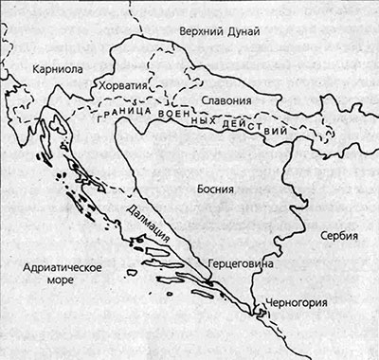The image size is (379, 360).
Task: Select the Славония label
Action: [x=226, y=99]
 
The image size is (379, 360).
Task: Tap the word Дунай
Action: [x=246, y=32]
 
